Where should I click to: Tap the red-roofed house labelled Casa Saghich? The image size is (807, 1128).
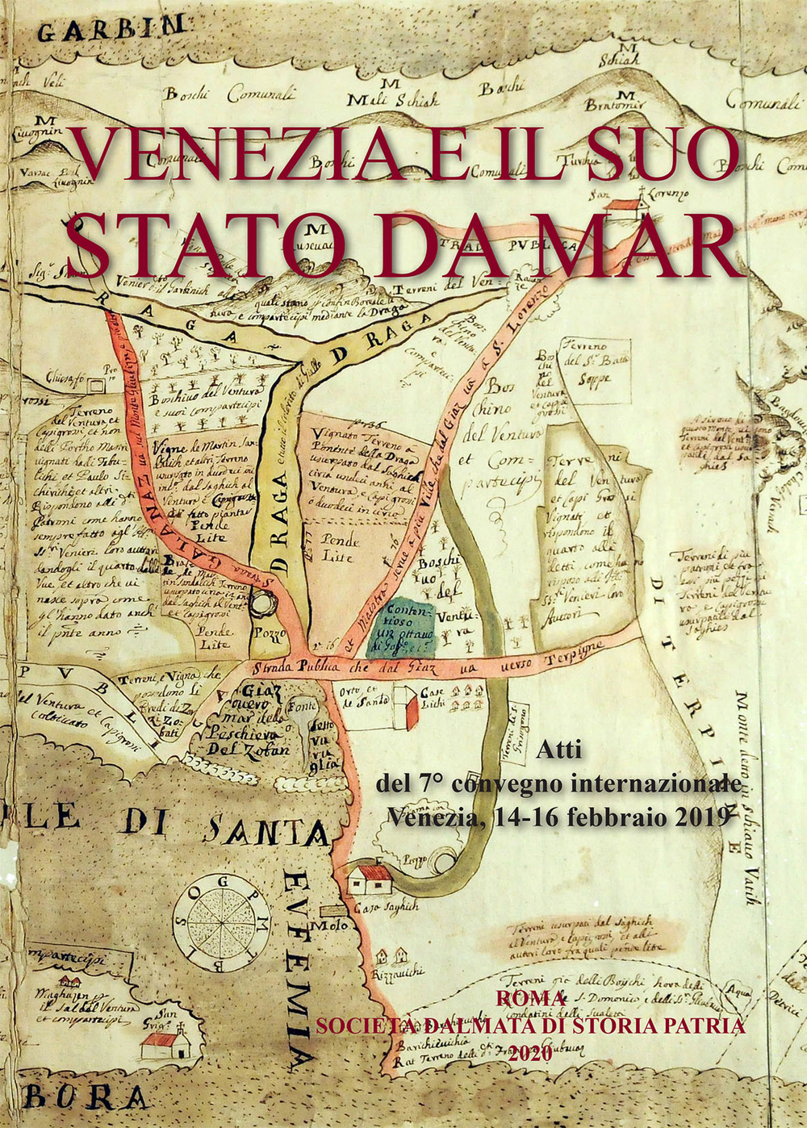[x=369, y=878]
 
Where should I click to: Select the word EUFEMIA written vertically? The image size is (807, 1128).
[x=299, y=968]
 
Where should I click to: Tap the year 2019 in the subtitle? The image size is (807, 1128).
[x=695, y=816]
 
